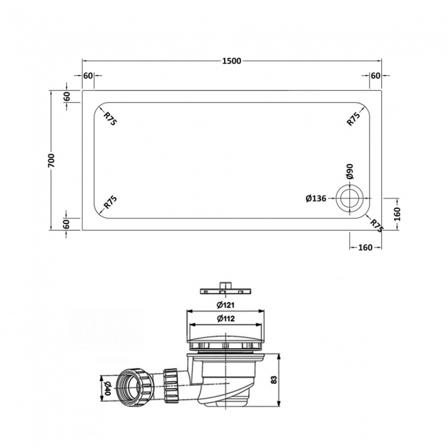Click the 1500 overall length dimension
pyautogui.click(x=231, y=61)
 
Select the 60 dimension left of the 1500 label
pyautogui.click(x=88, y=75)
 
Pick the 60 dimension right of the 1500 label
pyautogui.click(x=376, y=75)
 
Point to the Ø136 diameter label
pyautogui.click(x=315, y=199)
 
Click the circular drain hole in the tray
pyautogui.click(x=349, y=199)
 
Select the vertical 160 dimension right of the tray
pyautogui.click(x=397, y=213)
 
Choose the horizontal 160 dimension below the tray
pyautogui.click(x=365, y=247)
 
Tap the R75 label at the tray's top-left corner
pyautogui.click(x=110, y=118)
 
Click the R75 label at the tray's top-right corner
pyautogui.click(x=353, y=118)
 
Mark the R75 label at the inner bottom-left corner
pyautogui.click(x=110, y=203)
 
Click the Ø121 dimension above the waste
pyautogui.click(x=225, y=305)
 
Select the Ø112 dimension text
pyautogui.click(x=225, y=318)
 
